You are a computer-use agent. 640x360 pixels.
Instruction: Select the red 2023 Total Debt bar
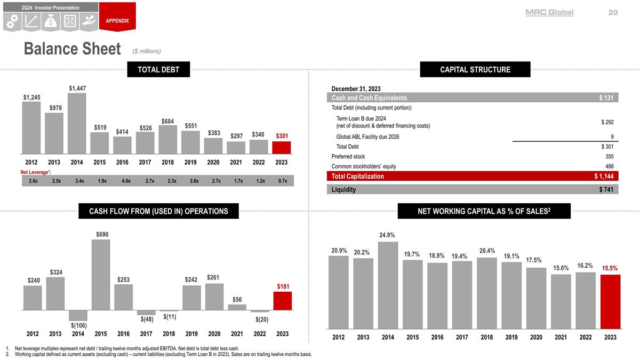click(282, 147)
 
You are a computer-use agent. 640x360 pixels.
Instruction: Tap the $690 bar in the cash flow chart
click(101, 274)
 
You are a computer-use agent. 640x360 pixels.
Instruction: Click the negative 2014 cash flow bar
click(78, 315)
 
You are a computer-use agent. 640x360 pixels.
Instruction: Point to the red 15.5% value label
click(610, 268)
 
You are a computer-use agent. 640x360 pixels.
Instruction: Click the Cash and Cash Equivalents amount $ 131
click(608, 98)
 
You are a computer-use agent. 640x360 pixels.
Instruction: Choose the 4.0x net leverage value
click(126, 181)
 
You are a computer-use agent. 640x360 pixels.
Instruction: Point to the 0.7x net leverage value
click(282, 181)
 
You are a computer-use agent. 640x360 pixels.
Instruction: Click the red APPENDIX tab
click(117, 20)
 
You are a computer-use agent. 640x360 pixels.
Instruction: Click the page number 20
click(613, 12)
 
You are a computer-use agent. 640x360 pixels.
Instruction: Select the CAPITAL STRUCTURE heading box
click(475, 69)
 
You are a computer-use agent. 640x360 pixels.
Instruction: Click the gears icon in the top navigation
click(13, 21)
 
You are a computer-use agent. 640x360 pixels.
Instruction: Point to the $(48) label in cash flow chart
click(147, 319)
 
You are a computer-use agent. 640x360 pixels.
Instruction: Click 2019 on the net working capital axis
click(511, 337)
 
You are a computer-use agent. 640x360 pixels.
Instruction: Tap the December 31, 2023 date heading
click(356, 89)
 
